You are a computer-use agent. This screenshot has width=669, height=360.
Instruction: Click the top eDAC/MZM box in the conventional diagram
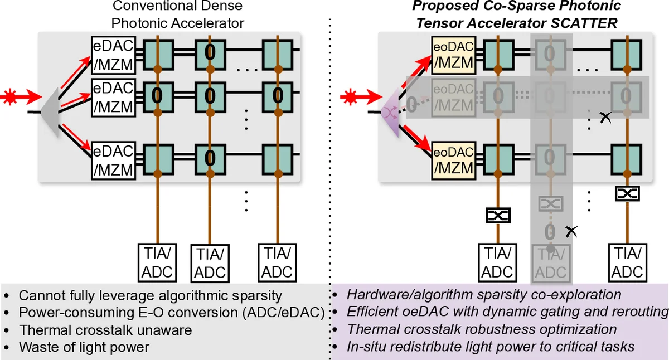point(113,56)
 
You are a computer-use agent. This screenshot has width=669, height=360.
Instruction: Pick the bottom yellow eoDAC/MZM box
point(453,159)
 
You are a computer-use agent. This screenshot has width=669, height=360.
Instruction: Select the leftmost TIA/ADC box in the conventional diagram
point(157,262)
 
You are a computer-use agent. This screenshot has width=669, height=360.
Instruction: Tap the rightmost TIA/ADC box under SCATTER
point(628,262)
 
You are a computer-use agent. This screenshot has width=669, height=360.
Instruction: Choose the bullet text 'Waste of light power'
point(84,347)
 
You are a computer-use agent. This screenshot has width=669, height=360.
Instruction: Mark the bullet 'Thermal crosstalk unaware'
point(105,330)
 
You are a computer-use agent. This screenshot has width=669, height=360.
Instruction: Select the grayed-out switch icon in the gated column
point(551,203)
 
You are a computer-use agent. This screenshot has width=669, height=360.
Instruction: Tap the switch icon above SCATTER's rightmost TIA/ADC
point(627,193)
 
